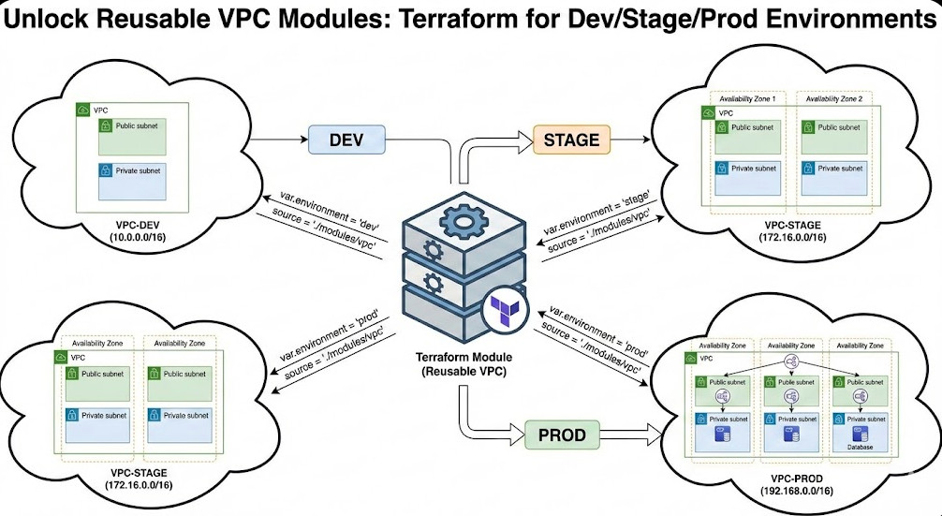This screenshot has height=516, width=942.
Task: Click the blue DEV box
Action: coord(346,140)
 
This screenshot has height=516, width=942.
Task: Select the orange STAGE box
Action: coord(571,140)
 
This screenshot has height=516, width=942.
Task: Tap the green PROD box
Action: coord(562,435)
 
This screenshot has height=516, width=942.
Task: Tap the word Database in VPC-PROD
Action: coord(859,448)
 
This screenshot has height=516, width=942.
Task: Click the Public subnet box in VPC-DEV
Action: coord(133,137)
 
